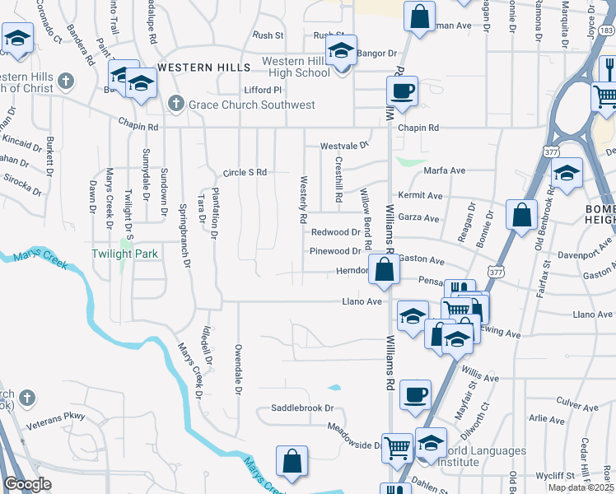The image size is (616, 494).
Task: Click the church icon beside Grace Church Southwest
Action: (x=175, y=104)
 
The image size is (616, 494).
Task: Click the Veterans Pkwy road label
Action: (x=55, y=417)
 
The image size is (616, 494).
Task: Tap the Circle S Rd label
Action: (x=245, y=173)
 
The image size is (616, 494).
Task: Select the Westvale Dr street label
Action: (x=343, y=146)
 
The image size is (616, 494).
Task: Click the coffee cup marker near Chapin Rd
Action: (x=402, y=91)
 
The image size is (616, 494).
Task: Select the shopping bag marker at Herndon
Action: (x=385, y=269)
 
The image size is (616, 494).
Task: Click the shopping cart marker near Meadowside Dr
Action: (x=398, y=449)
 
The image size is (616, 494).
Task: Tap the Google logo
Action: (x=27, y=485)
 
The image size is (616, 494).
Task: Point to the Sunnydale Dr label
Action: (x=146, y=175)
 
